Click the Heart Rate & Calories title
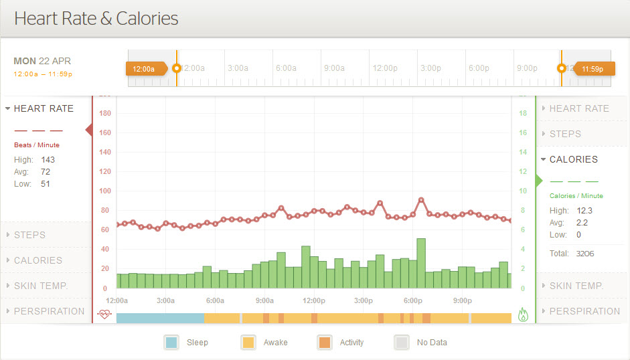coord(96,18)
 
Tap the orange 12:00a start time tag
coord(144,68)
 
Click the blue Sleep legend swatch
coord(171,343)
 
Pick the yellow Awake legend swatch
coord(248,343)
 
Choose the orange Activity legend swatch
coord(325,343)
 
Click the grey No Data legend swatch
coord(401,343)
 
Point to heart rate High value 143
coord(48,160)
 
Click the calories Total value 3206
coord(584,254)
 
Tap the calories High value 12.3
coord(584,211)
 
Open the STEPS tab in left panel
coord(29,235)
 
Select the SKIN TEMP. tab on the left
coord(41,286)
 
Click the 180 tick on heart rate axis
coord(104,114)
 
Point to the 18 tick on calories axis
coord(523,114)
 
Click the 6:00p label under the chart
coord(413,300)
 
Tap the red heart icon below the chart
coord(104,314)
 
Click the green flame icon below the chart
coord(524,314)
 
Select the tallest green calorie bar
coord(421,263)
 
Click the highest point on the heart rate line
coord(421,199)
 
